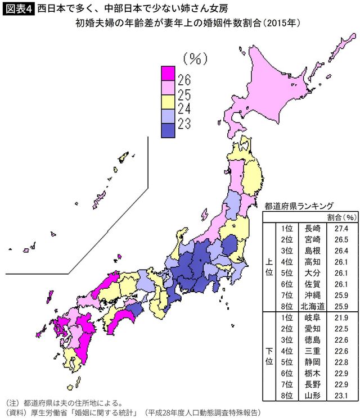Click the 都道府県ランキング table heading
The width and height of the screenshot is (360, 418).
pos(299,206)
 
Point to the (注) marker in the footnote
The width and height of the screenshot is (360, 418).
pos(13,402)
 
